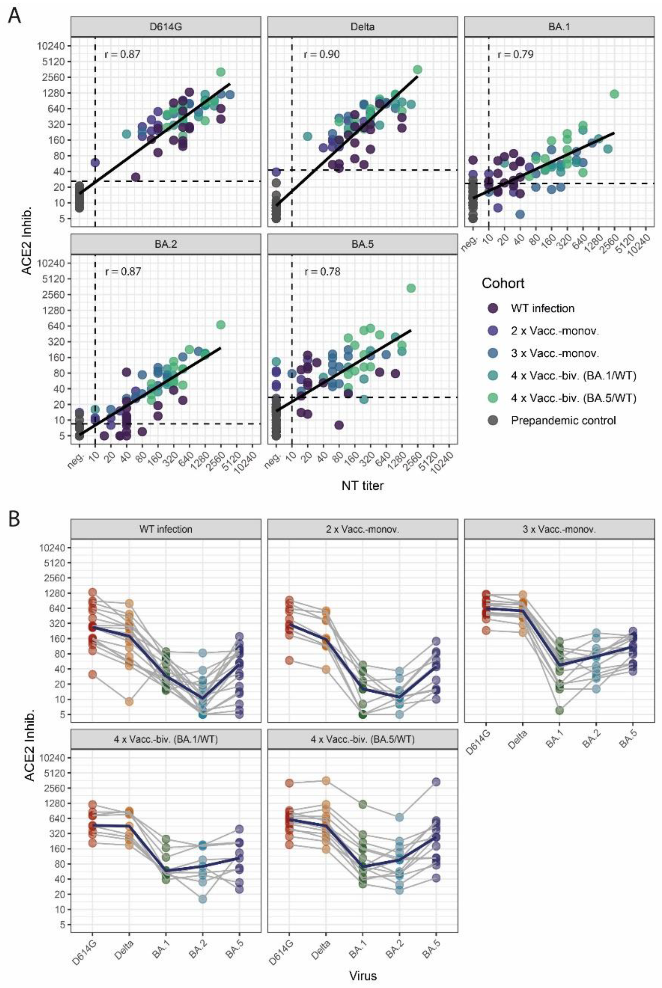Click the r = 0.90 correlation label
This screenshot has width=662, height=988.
(x=321, y=54)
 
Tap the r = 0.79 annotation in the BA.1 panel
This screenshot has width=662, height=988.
(x=515, y=54)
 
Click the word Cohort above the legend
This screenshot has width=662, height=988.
(x=503, y=283)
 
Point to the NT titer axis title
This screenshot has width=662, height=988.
(x=363, y=486)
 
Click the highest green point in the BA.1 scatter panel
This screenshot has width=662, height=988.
(x=614, y=94)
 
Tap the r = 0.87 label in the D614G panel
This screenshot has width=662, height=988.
(x=122, y=54)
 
